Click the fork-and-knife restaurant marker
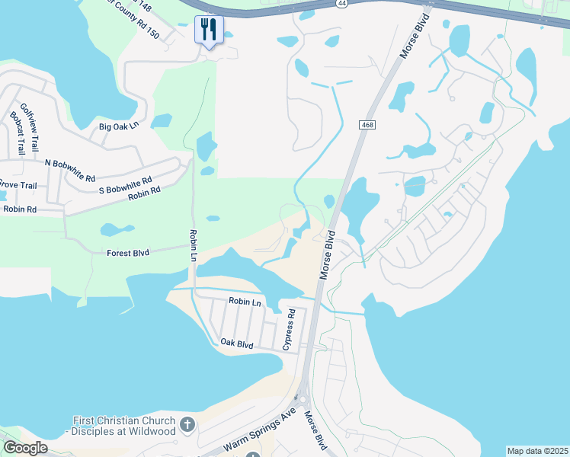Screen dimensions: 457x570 tap(208, 30)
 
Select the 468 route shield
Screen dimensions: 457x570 tap(367, 124)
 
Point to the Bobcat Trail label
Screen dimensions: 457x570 tap(17, 133)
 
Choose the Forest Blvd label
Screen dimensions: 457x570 tap(128, 252)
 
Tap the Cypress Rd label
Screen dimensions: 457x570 tap(290, 328)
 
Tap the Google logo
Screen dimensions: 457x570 tap(25, 448)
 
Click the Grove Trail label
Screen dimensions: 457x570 tap(17, 184)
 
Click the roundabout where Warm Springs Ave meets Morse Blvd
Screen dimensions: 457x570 tap(302, 398)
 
